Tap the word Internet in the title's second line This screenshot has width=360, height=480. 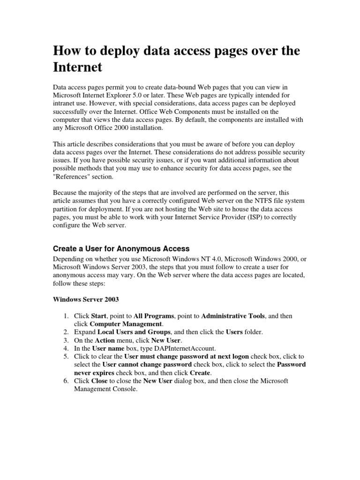pyautogui.click(x=77, y=67)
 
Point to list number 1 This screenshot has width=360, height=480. pyautogui.click(x=66, y=316)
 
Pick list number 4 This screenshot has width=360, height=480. pyautogui.click(x=66, y=348)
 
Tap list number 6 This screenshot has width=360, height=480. pyautogui.click(x=66, y=381)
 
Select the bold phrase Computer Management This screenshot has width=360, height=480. pyautogui.click(x=126, y=324)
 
